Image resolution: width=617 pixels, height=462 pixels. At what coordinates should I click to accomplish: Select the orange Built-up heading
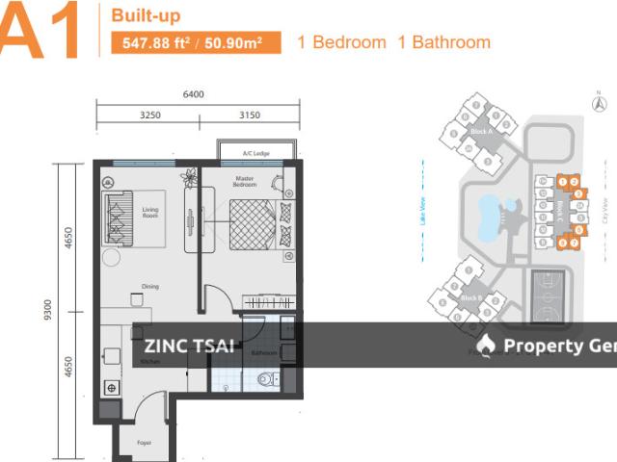146,16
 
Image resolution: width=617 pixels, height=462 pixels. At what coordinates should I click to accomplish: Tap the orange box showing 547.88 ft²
196,42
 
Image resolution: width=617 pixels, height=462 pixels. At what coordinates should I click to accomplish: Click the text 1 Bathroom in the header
444,42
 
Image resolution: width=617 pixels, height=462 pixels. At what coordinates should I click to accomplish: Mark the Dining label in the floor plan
148,286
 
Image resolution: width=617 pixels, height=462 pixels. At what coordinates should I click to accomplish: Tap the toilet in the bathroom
264,378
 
